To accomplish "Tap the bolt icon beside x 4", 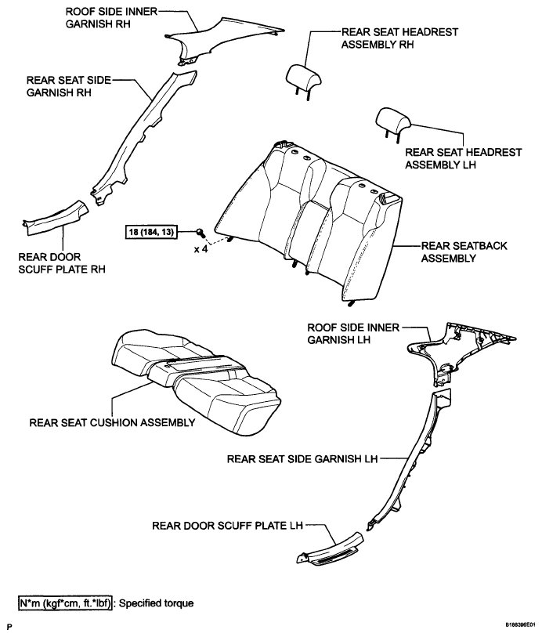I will [201, 232].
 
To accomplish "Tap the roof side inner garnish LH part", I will [462, 345].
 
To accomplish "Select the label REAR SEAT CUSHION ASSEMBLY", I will [111, 422].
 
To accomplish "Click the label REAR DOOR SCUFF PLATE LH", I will [227, 525].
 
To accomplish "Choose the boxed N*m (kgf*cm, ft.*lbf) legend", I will [67, 603].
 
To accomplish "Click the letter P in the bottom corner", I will [9, 628].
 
